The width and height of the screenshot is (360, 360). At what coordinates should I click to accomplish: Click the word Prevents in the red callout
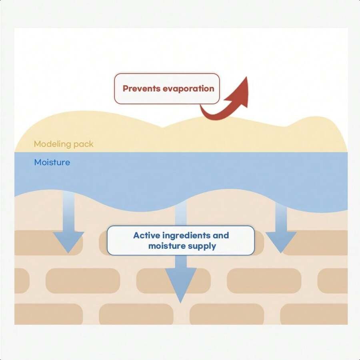pos(139,89)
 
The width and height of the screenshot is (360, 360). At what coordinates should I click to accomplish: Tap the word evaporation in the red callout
pos(186,89)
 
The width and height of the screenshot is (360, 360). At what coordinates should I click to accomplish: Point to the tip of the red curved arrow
pos(246,77)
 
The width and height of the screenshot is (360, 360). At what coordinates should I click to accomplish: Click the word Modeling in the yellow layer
pos(49,144)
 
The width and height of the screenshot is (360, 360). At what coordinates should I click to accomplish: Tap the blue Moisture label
pos(52,162)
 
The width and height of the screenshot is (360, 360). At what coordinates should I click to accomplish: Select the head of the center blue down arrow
pos(181,285)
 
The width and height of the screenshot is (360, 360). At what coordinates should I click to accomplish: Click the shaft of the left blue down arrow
pos(69,211)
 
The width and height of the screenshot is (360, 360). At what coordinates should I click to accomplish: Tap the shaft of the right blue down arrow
pos(281,217)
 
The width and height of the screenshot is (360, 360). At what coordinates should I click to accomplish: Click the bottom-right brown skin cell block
pos(314,314)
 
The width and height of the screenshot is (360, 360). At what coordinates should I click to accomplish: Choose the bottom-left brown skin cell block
pos(48,314)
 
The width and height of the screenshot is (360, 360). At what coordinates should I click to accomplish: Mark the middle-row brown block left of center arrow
pos(83,280)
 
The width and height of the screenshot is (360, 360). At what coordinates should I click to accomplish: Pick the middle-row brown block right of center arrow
pos(264,280)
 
